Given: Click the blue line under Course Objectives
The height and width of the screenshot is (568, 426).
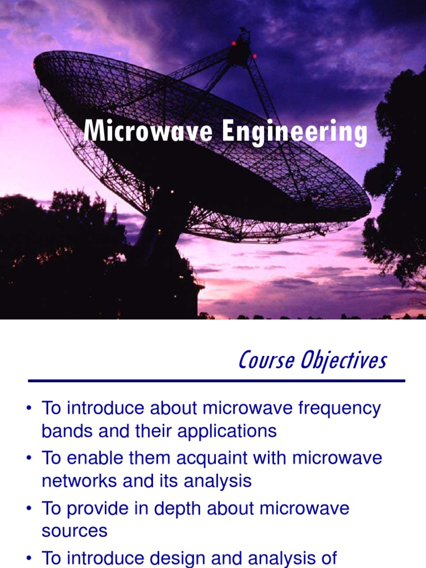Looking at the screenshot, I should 216,381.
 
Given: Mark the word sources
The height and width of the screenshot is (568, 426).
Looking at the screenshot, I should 74,531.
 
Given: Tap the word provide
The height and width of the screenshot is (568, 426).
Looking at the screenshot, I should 102,509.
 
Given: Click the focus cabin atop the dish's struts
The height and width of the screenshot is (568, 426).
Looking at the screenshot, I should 239,51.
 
